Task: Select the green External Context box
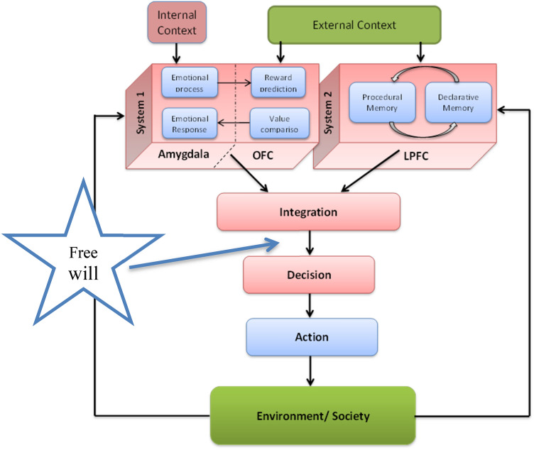354,25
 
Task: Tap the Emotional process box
187,83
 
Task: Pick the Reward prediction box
277,82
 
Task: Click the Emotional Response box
187,124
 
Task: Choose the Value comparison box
277,124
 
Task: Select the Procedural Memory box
382,102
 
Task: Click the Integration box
308,212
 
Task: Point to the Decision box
308,274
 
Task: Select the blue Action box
311,336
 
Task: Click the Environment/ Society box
312,415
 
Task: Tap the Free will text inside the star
85,262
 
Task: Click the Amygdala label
184,155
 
